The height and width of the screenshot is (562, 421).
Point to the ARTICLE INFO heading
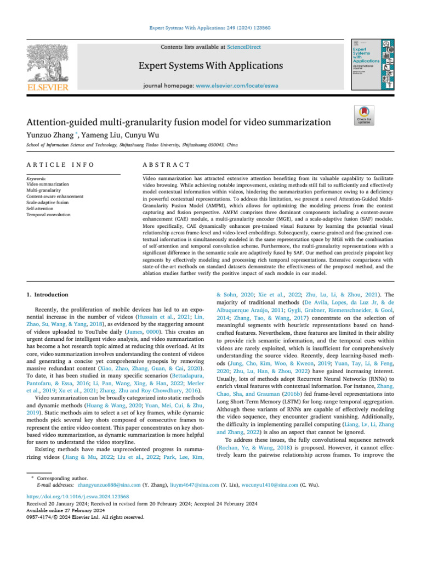coord(60,164)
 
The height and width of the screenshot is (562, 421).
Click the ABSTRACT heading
coord(166,164)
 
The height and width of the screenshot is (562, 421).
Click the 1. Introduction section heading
coord(48,295)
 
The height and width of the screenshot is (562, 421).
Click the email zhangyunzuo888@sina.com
coord(110,485)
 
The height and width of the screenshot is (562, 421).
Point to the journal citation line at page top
coord(210,27)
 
